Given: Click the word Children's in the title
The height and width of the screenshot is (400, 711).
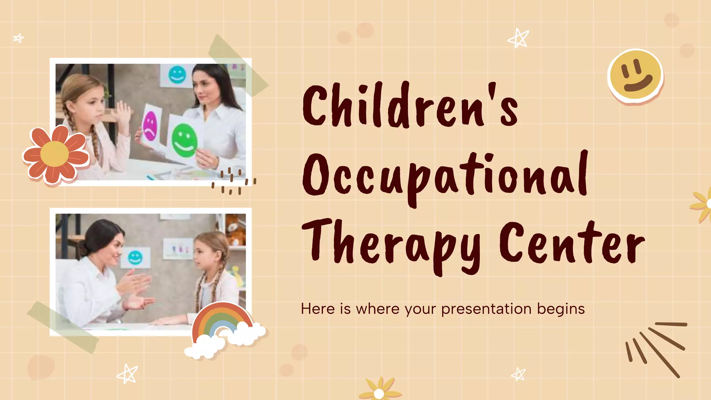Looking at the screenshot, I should (x=410, y=106).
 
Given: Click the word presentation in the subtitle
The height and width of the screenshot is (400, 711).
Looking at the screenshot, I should (x=486, y=309).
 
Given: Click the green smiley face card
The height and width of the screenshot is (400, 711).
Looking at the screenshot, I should (x=184, y=139).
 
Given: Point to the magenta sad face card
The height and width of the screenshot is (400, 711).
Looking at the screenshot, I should (x=150, y=125).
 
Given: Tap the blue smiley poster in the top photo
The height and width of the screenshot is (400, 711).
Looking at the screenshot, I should (x=177, y=75).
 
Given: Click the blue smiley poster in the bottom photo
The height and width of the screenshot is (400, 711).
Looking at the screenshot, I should (x=135, y=257).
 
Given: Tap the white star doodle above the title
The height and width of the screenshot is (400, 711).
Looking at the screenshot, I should (x=518, y=38).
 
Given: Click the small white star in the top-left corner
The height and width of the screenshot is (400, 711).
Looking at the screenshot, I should (x=19, y=38).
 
